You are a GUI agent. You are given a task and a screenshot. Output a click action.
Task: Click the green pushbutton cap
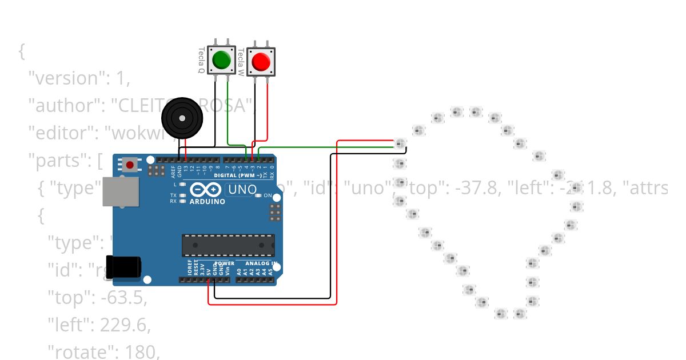[221, 59]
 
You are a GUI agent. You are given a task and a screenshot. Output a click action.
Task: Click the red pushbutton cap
[261, 61]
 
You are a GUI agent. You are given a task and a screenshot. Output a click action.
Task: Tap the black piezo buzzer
[182, 118]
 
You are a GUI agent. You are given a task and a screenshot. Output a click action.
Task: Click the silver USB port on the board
[121, 191]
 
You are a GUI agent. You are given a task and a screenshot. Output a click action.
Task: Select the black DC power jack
[126, 267]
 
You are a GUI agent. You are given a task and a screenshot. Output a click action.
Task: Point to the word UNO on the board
[242, 189]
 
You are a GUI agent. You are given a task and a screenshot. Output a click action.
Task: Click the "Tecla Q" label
[201, 61]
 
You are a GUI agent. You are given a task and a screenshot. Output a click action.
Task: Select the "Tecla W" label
[241, 61]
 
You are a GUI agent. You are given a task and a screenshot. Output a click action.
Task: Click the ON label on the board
[268, 195]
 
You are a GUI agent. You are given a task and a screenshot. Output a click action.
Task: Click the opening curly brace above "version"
[22, 51]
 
